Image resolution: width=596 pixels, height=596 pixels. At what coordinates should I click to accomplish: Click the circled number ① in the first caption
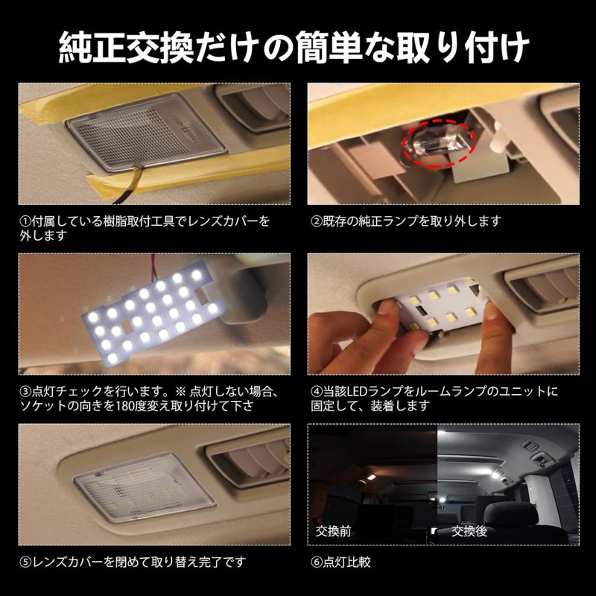pos(25,222)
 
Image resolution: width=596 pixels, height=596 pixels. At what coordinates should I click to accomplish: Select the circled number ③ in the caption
pos(25,391)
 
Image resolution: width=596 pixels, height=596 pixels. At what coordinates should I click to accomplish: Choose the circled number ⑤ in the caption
pos(25,560)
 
